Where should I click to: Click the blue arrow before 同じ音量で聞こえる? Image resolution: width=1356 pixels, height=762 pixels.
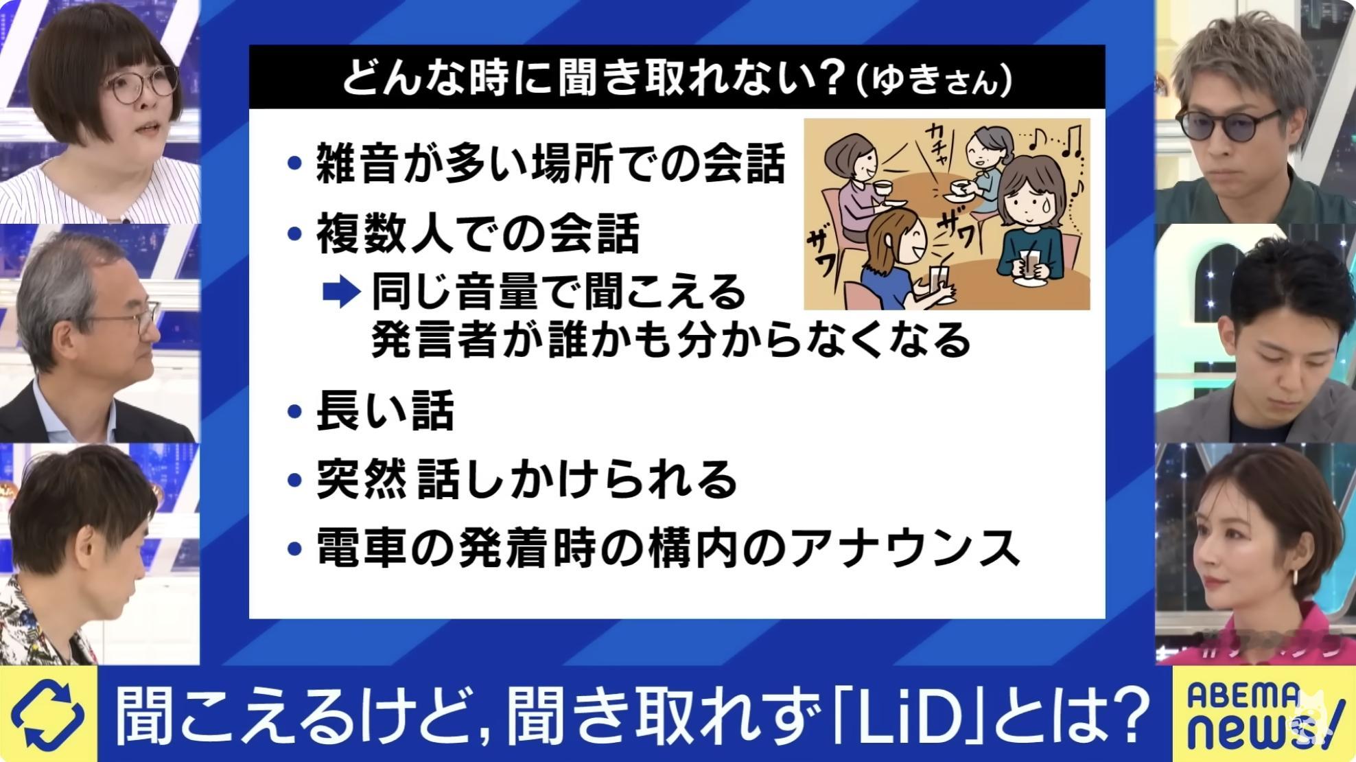341,293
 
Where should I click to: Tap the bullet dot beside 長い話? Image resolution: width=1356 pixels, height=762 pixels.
295,412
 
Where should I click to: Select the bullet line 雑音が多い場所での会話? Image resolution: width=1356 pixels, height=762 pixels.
536,164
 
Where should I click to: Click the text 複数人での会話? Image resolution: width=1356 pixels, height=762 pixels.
478,233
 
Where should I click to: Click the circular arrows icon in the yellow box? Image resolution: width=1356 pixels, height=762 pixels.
47,715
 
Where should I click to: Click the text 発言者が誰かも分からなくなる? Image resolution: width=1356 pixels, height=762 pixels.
671,340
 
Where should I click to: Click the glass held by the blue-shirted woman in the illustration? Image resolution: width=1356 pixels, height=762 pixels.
934,281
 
